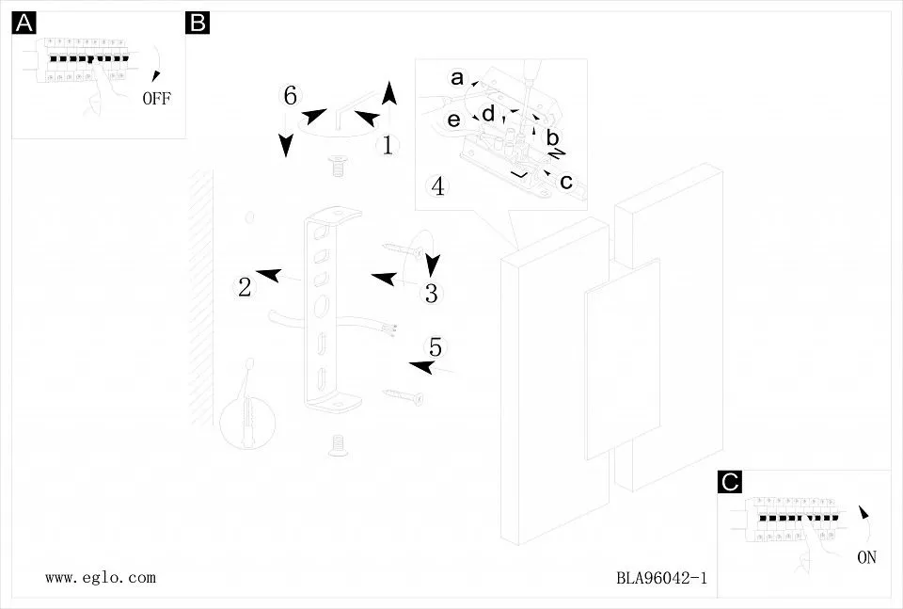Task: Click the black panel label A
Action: click(24, 23)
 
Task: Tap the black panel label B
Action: click(198, 23)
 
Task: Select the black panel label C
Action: click(730, 481)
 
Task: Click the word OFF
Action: click(157, 99)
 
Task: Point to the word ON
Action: click(866, 557)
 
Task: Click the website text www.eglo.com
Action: click(101, 577)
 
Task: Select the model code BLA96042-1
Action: click(661, 578)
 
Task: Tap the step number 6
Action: click(291, 95)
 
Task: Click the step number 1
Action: click(388, 145)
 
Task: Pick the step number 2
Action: click(245, 287)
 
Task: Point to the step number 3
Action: click(432, 294)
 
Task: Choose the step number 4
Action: click(437, 186)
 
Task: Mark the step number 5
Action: click(436, 347)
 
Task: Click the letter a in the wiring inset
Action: click(457, 78)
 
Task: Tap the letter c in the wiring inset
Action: click(566, 182)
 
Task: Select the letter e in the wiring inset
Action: click(453, 120)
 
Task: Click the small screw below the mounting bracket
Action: click(338, 445)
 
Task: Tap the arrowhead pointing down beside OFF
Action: click(155, 76)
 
